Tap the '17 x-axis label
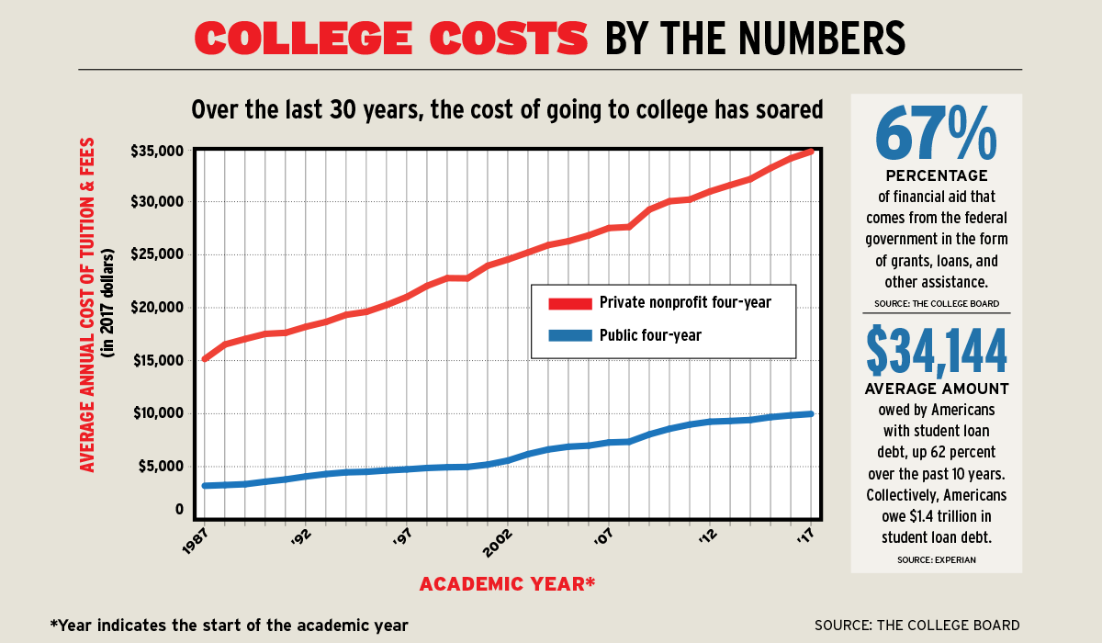pyautogui.click(x=804, y=537)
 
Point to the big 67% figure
pyautogui.click(x=936, y=133)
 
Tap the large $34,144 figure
pyautogui.click(x=936, y=352)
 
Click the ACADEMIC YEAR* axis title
pyautogui.click(x=507, y=584)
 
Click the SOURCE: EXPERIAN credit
pyautogui.click(x=936, y=559)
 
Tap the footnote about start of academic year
pyautogui.click(x=229, y=625)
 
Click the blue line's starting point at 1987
pyautogui.click(x=204, y=486)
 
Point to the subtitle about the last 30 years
pyautogui.click(x=507, y=110)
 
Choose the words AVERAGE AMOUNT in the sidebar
pyautogui.click(x=936, y=389)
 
